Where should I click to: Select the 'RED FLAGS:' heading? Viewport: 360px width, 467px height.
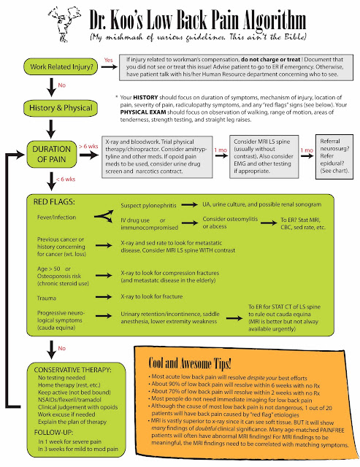[53, 200]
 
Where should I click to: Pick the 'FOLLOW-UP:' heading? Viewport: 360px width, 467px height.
[52, 431]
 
